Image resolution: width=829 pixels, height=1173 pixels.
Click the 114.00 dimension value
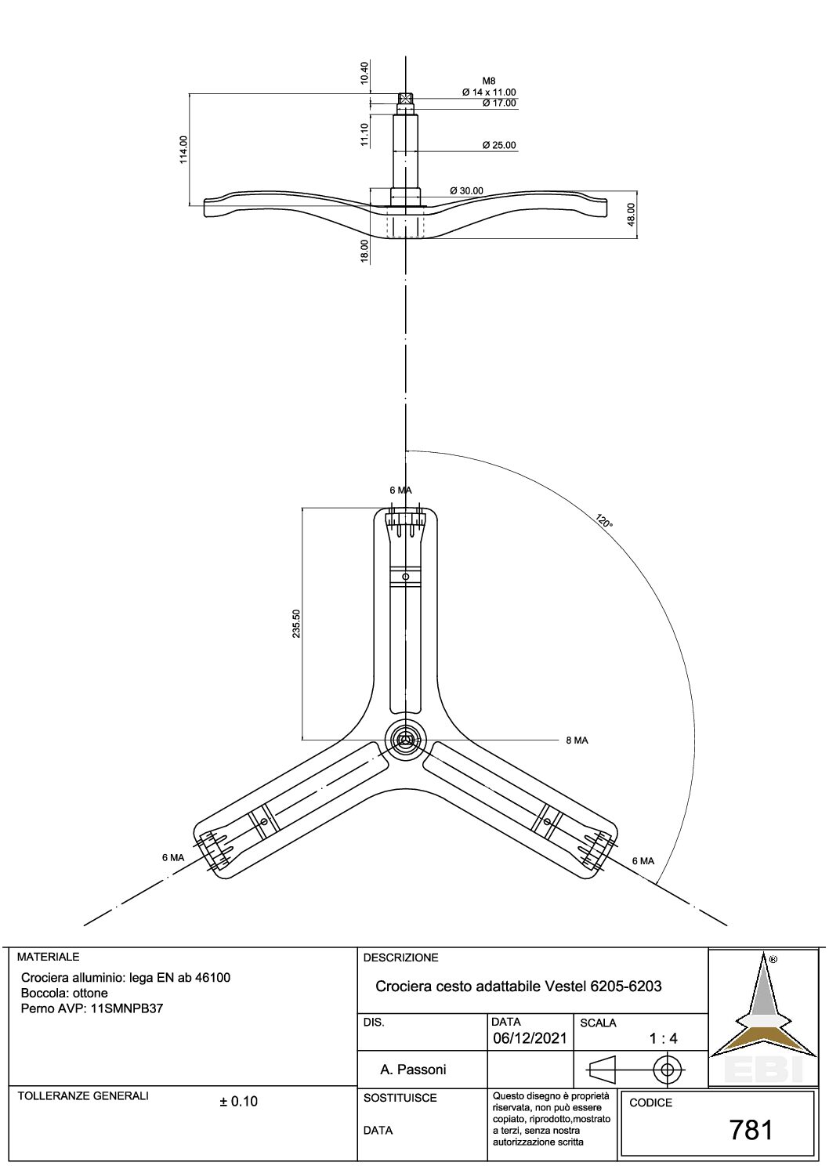click(183, 150)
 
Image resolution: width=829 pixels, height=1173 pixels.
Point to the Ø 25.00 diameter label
click(499, 145)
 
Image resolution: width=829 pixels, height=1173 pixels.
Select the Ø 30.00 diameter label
click(467, 190)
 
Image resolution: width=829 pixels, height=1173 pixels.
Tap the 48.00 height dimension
click(631, 215)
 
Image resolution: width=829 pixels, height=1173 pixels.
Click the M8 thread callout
click(489, 81)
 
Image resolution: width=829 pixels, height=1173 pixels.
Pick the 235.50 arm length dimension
click(296, 623)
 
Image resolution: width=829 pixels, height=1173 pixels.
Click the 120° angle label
click(603, 521)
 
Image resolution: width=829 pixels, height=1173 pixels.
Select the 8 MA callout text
click(577, 740)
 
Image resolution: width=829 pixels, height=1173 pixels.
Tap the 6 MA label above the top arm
click(400, 491)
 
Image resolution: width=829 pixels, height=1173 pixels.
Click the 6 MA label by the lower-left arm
click(173, 858)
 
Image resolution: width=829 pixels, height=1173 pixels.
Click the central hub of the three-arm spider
click(405, 740)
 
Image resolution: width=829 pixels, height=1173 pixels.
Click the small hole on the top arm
click(405, 577)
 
